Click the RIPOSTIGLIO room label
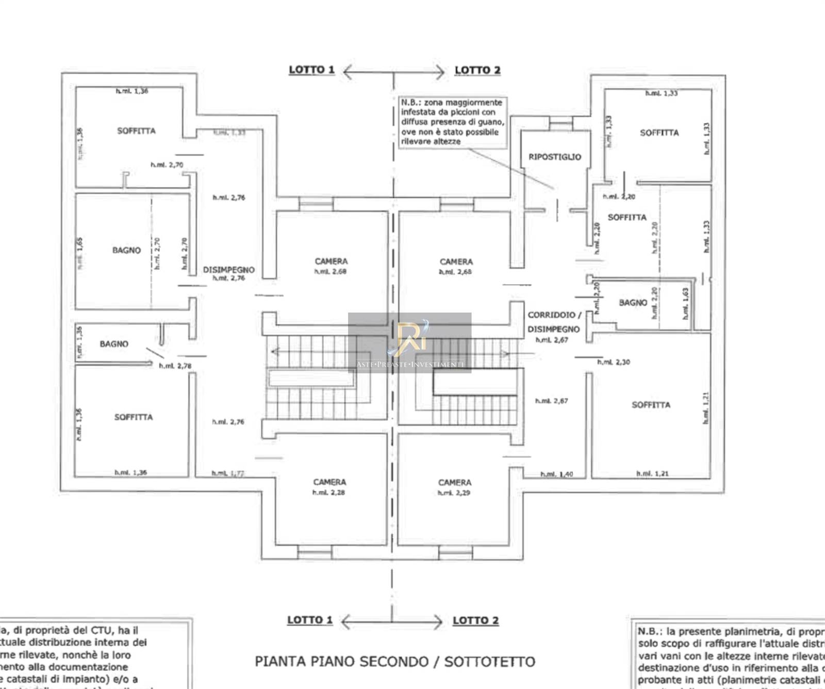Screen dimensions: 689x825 pos(554,157)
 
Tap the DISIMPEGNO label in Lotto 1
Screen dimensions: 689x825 pos(228,270)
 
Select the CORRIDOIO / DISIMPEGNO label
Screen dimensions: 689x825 pos(554,322)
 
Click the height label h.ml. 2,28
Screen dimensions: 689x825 pos(328,493)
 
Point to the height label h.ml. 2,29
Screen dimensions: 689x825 pos(454,493)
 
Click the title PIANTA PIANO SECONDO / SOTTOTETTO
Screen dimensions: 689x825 pos(395,661)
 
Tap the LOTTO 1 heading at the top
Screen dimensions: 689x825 pos(311,70)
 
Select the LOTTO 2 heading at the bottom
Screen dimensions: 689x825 pos(475,620)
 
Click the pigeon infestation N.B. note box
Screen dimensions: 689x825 pos(452,122)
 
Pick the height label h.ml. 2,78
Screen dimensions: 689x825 pos(175,366)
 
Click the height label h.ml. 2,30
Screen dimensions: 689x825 pos(614,362)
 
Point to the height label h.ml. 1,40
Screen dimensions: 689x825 pos(556,474)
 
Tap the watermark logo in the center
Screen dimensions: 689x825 pos(410,340)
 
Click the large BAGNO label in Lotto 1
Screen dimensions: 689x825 pos(126,250)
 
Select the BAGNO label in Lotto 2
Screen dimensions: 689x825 pos(633,303)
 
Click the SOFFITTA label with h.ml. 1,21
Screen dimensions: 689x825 pos(651,405)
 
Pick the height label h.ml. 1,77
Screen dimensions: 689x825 pos(228,473)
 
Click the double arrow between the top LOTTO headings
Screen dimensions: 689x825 pos(394,72)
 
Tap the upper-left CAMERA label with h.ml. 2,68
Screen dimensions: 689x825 pos(331,261)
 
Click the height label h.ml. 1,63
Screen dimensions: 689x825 pos(685,303)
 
